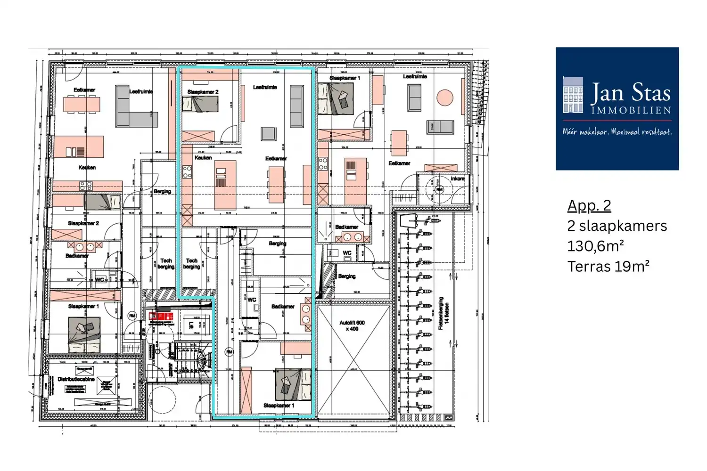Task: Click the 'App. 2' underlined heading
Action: (x=589, y=206)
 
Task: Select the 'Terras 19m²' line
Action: (x=608, y=267)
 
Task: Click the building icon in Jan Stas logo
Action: (x=573, y=95)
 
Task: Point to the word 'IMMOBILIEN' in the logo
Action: (x=631, y=110)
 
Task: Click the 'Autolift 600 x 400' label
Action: (x=352, y=325)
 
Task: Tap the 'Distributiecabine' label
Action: (x=76, y=379)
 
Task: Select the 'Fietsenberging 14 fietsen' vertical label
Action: (x=444, y=313)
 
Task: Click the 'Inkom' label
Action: (x=457, y=179)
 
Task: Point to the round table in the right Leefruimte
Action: (x=444, y=98)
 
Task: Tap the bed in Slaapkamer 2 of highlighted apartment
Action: (x=200, y=104)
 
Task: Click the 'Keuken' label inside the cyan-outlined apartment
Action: (x=203, y=158)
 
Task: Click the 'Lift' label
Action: (x=191, y=325)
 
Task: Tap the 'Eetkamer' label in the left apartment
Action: (x=84, y=90)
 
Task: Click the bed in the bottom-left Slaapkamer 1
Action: (x=84, y=334)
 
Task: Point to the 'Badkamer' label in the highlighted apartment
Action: (x=283, y=307)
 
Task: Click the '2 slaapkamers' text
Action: (x=617, y=226)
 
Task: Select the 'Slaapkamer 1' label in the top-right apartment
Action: (x=345, y=78)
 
